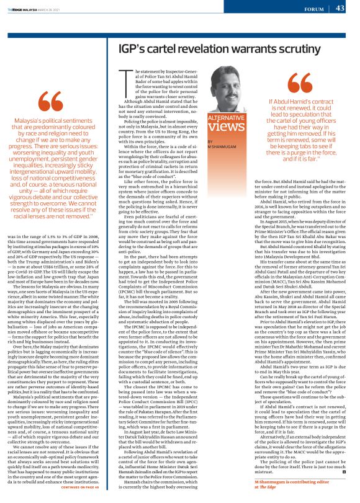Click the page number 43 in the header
pos(340,8)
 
